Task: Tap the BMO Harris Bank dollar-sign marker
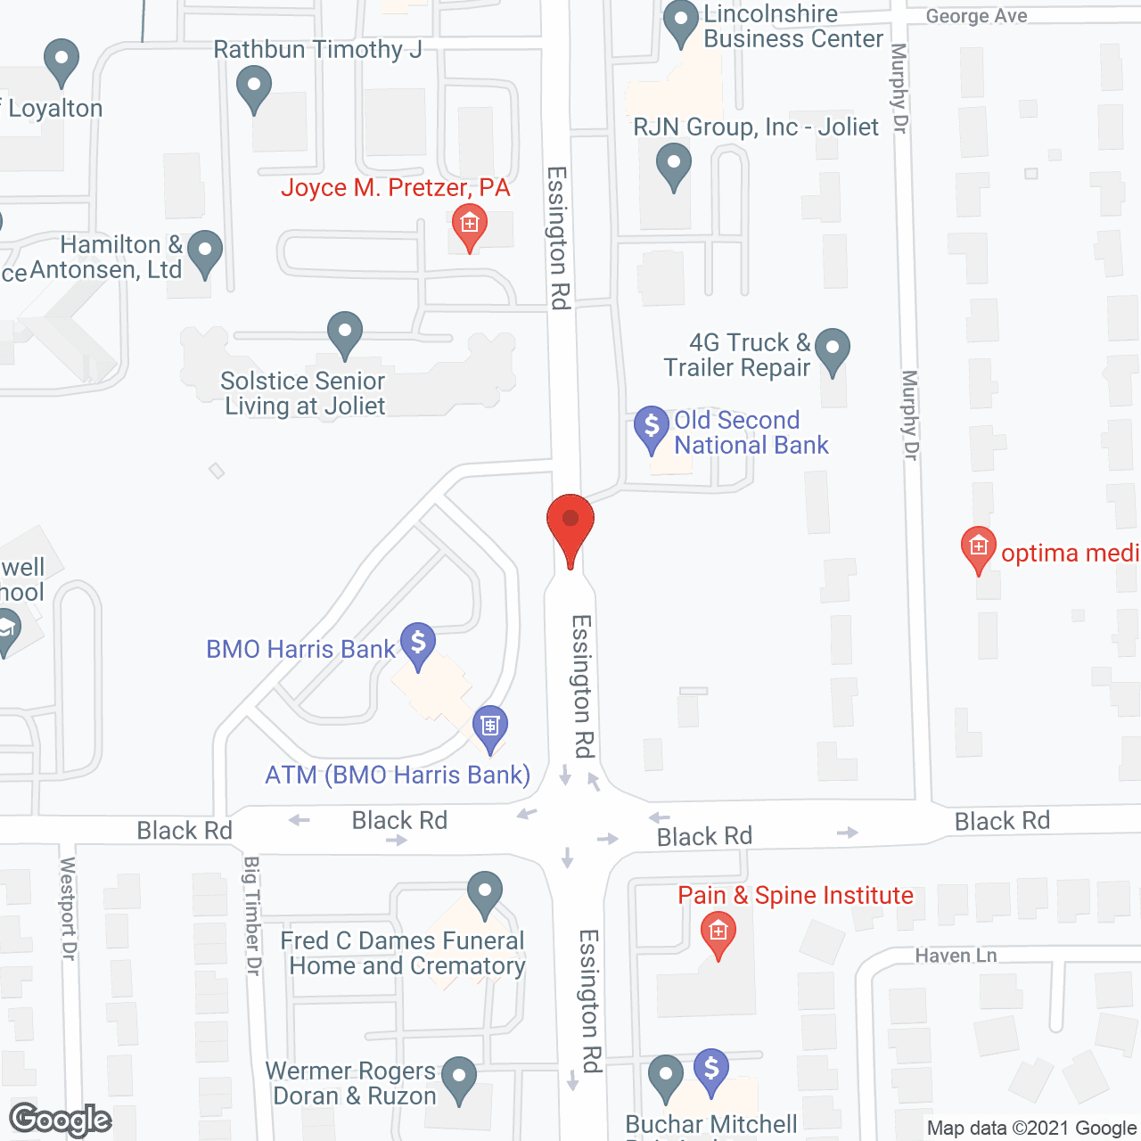coord(417,643)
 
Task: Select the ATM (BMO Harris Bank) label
coord(398,775)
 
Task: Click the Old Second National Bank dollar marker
coord(652,427)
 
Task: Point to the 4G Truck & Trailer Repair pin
coord(833,349)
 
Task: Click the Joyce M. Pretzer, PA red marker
coord(469,225)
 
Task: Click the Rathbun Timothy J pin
coord(254,88)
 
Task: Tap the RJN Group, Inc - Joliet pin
coord(674,165)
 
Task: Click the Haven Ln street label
coord(956,956)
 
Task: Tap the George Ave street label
coord(976,16)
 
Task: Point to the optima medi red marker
coord(979,547)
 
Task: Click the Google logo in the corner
coord(61,1120)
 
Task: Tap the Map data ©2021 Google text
coord(1031,1129)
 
